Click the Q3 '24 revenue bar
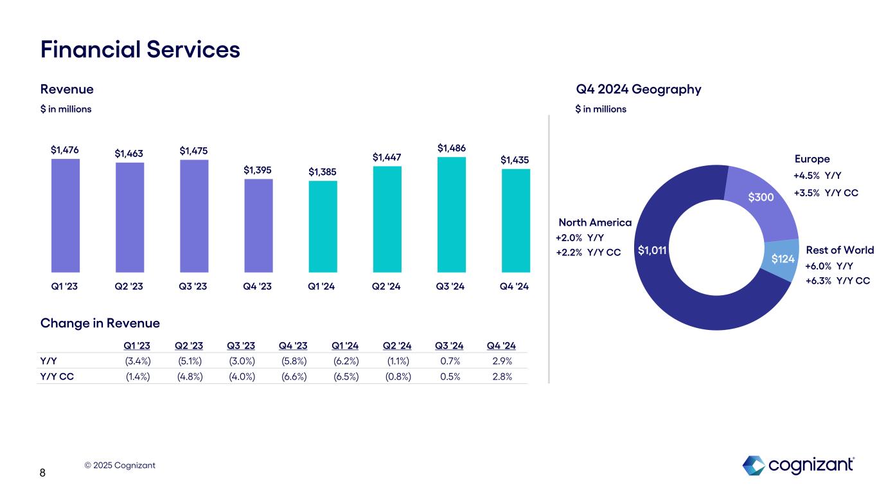pos(451,215)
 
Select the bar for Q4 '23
pos(258,225)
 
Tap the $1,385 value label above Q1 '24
pos(323,172)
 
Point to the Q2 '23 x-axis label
pos(129,286)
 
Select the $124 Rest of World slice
pos(783,259)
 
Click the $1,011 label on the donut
pos(651,250)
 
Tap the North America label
pos(595,223)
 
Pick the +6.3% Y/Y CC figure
pos(837,280)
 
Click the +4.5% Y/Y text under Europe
pos(817,176)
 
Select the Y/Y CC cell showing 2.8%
pos(502,377)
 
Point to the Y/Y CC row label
pos(57,377)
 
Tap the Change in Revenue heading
pos(100,323)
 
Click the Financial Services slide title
pos(140,50)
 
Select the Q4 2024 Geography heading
pos(638,89)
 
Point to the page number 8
pos(42,473)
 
